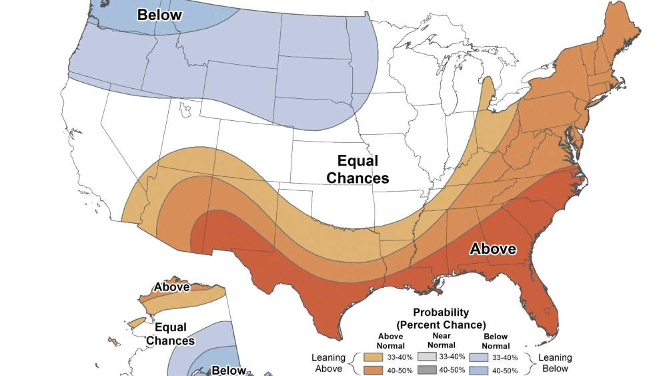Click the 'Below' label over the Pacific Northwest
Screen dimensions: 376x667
tap(160, 14)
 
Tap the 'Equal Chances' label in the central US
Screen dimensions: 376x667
tap(358, 170)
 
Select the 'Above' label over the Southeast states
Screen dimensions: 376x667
tap(493, 249)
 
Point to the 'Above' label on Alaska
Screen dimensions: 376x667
tap(171, 288)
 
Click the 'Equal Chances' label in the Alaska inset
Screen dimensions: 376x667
tap(170, 335)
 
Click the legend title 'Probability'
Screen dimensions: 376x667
tap(441, 312)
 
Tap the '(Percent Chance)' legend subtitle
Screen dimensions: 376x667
tap(441, 325)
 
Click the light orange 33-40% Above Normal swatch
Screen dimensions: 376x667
tap(370, 357)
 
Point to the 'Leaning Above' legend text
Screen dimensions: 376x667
tap(328, 363)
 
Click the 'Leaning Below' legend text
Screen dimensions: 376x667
tap(555, 363)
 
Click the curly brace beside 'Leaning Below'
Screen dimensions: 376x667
tap(530, 363)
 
